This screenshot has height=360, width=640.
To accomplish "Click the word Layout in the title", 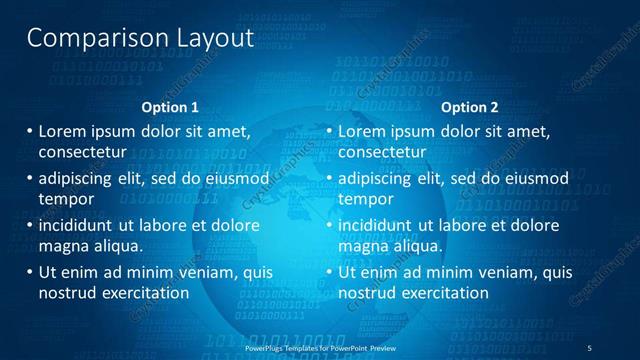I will pyautogui.click(x=211, y=38).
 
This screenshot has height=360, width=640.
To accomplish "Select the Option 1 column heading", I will pyautogui.click(x=170, y=107).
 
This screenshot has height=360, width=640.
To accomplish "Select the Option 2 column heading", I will pyautogui.click(x=469, y=107).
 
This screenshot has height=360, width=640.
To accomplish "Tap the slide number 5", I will pyautogui.click(x=603, y=347).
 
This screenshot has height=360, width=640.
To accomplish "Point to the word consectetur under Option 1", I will pyautogui.click(x=82, y=153).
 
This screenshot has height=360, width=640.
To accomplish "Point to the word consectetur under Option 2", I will pyautogui.click(x=382, y=153).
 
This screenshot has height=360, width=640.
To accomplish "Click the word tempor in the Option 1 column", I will pyautogui.click(x=65, y=199).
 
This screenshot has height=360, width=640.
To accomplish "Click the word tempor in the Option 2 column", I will pyautogui.click(x=365, y=199).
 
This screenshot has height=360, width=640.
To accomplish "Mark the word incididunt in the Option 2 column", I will pyautogui.click(x=375, y=225).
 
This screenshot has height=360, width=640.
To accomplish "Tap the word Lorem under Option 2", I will pyautogui.click(x=361, y=131).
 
